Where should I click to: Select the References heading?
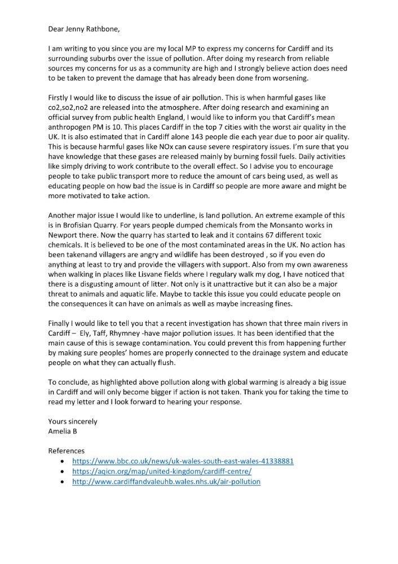click(67, 451)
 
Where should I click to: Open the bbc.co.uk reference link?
click(183, 461)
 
